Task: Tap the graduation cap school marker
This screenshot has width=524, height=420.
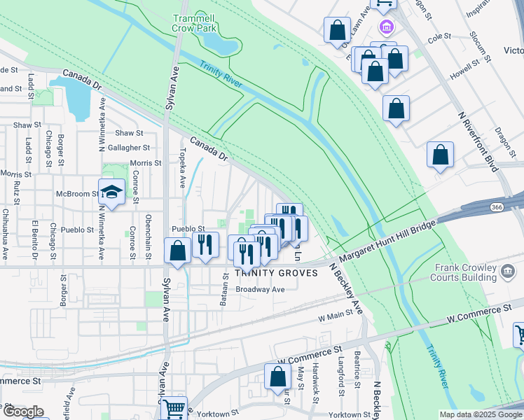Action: [111, 191]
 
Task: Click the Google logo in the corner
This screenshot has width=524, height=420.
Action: [23, 411]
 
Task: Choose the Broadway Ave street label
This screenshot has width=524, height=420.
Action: [260, 289]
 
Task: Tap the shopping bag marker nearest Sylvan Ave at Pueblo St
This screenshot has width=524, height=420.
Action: [178, 251]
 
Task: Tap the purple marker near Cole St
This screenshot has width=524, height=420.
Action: [385, 27]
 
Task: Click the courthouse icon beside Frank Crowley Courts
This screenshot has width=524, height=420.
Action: [507, 270]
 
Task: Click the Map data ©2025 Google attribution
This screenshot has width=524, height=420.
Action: [481, 414]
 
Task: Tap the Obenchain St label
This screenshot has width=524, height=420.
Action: [149, 237]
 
